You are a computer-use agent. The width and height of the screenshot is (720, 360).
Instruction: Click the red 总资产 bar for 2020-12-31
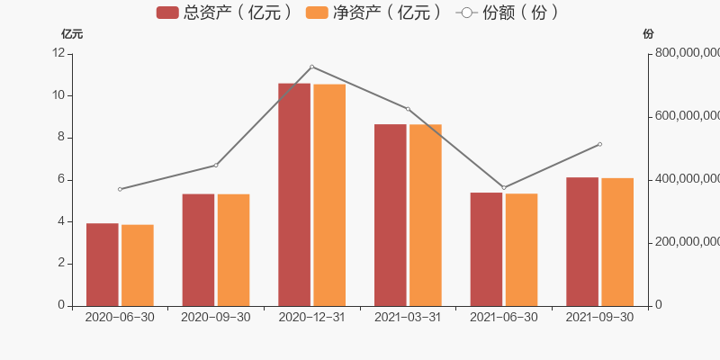(294, 194)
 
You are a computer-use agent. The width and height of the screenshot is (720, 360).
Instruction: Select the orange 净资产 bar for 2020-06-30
(138, 265)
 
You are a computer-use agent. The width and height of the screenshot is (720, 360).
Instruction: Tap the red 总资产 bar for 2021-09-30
(582, 241)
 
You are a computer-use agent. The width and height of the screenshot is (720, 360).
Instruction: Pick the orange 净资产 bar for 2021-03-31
(426, 215)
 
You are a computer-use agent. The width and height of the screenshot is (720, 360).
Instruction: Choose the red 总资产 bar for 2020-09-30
(198, 250)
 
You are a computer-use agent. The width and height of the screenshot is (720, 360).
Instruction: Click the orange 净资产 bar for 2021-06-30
(522, 250)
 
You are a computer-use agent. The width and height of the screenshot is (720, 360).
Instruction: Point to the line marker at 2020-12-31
(311, 67)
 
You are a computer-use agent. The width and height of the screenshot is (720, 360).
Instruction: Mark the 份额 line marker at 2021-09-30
(599, 145)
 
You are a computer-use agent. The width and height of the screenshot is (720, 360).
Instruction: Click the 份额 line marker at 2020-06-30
(120, 189)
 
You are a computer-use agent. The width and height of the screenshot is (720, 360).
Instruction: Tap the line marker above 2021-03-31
(408, 109)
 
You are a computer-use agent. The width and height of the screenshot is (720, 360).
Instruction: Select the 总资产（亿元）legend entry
(224, 13)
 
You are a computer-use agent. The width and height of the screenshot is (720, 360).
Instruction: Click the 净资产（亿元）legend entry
(374, 13)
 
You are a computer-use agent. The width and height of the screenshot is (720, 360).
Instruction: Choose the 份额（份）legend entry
(508, 13)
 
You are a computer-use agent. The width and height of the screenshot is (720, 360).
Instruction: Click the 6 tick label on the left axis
(61, 179)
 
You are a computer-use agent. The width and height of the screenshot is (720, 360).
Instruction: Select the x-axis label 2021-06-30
(504, 318)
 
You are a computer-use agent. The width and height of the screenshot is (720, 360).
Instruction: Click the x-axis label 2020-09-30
(216, 318)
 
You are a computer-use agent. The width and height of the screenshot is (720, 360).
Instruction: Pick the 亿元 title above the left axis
(72, 34)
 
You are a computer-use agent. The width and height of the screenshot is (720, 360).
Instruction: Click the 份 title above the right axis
(648, 34)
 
